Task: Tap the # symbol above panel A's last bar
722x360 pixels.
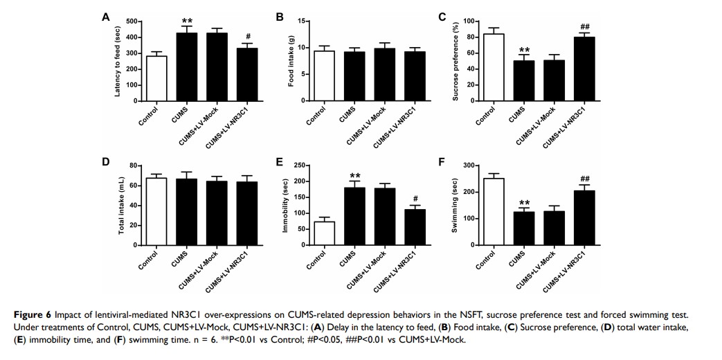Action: click(x=237, y=37)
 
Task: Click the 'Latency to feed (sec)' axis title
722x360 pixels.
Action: click(x=118, y=60)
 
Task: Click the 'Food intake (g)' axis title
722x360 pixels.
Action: click(x=291, y=60)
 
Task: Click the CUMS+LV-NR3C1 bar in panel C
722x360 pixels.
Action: click(x=584, y=69)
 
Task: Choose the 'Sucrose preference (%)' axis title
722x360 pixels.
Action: click(x=455, y=60)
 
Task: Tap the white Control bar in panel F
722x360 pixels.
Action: click(x=494, y=211)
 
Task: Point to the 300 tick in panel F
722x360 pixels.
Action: click(x=471, y=165)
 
